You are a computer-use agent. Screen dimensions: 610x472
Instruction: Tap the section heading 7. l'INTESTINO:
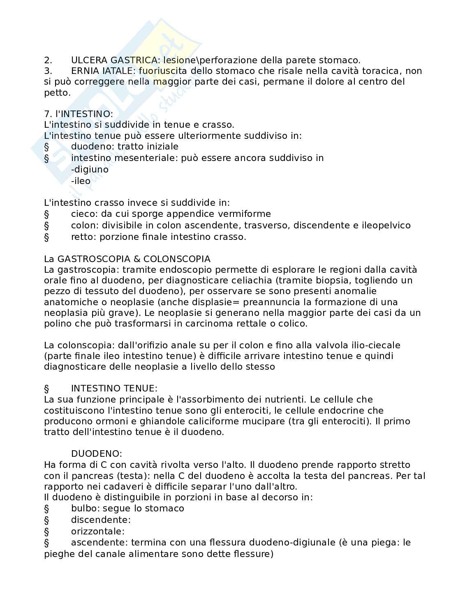click(78, 114)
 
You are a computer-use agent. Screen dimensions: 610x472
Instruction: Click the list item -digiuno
click(90, 169)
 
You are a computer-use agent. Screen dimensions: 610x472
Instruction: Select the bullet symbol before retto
click(46, 237)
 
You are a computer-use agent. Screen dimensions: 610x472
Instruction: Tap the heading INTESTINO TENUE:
click(114, 389)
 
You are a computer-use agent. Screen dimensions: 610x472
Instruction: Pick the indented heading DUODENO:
click(97, 454)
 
